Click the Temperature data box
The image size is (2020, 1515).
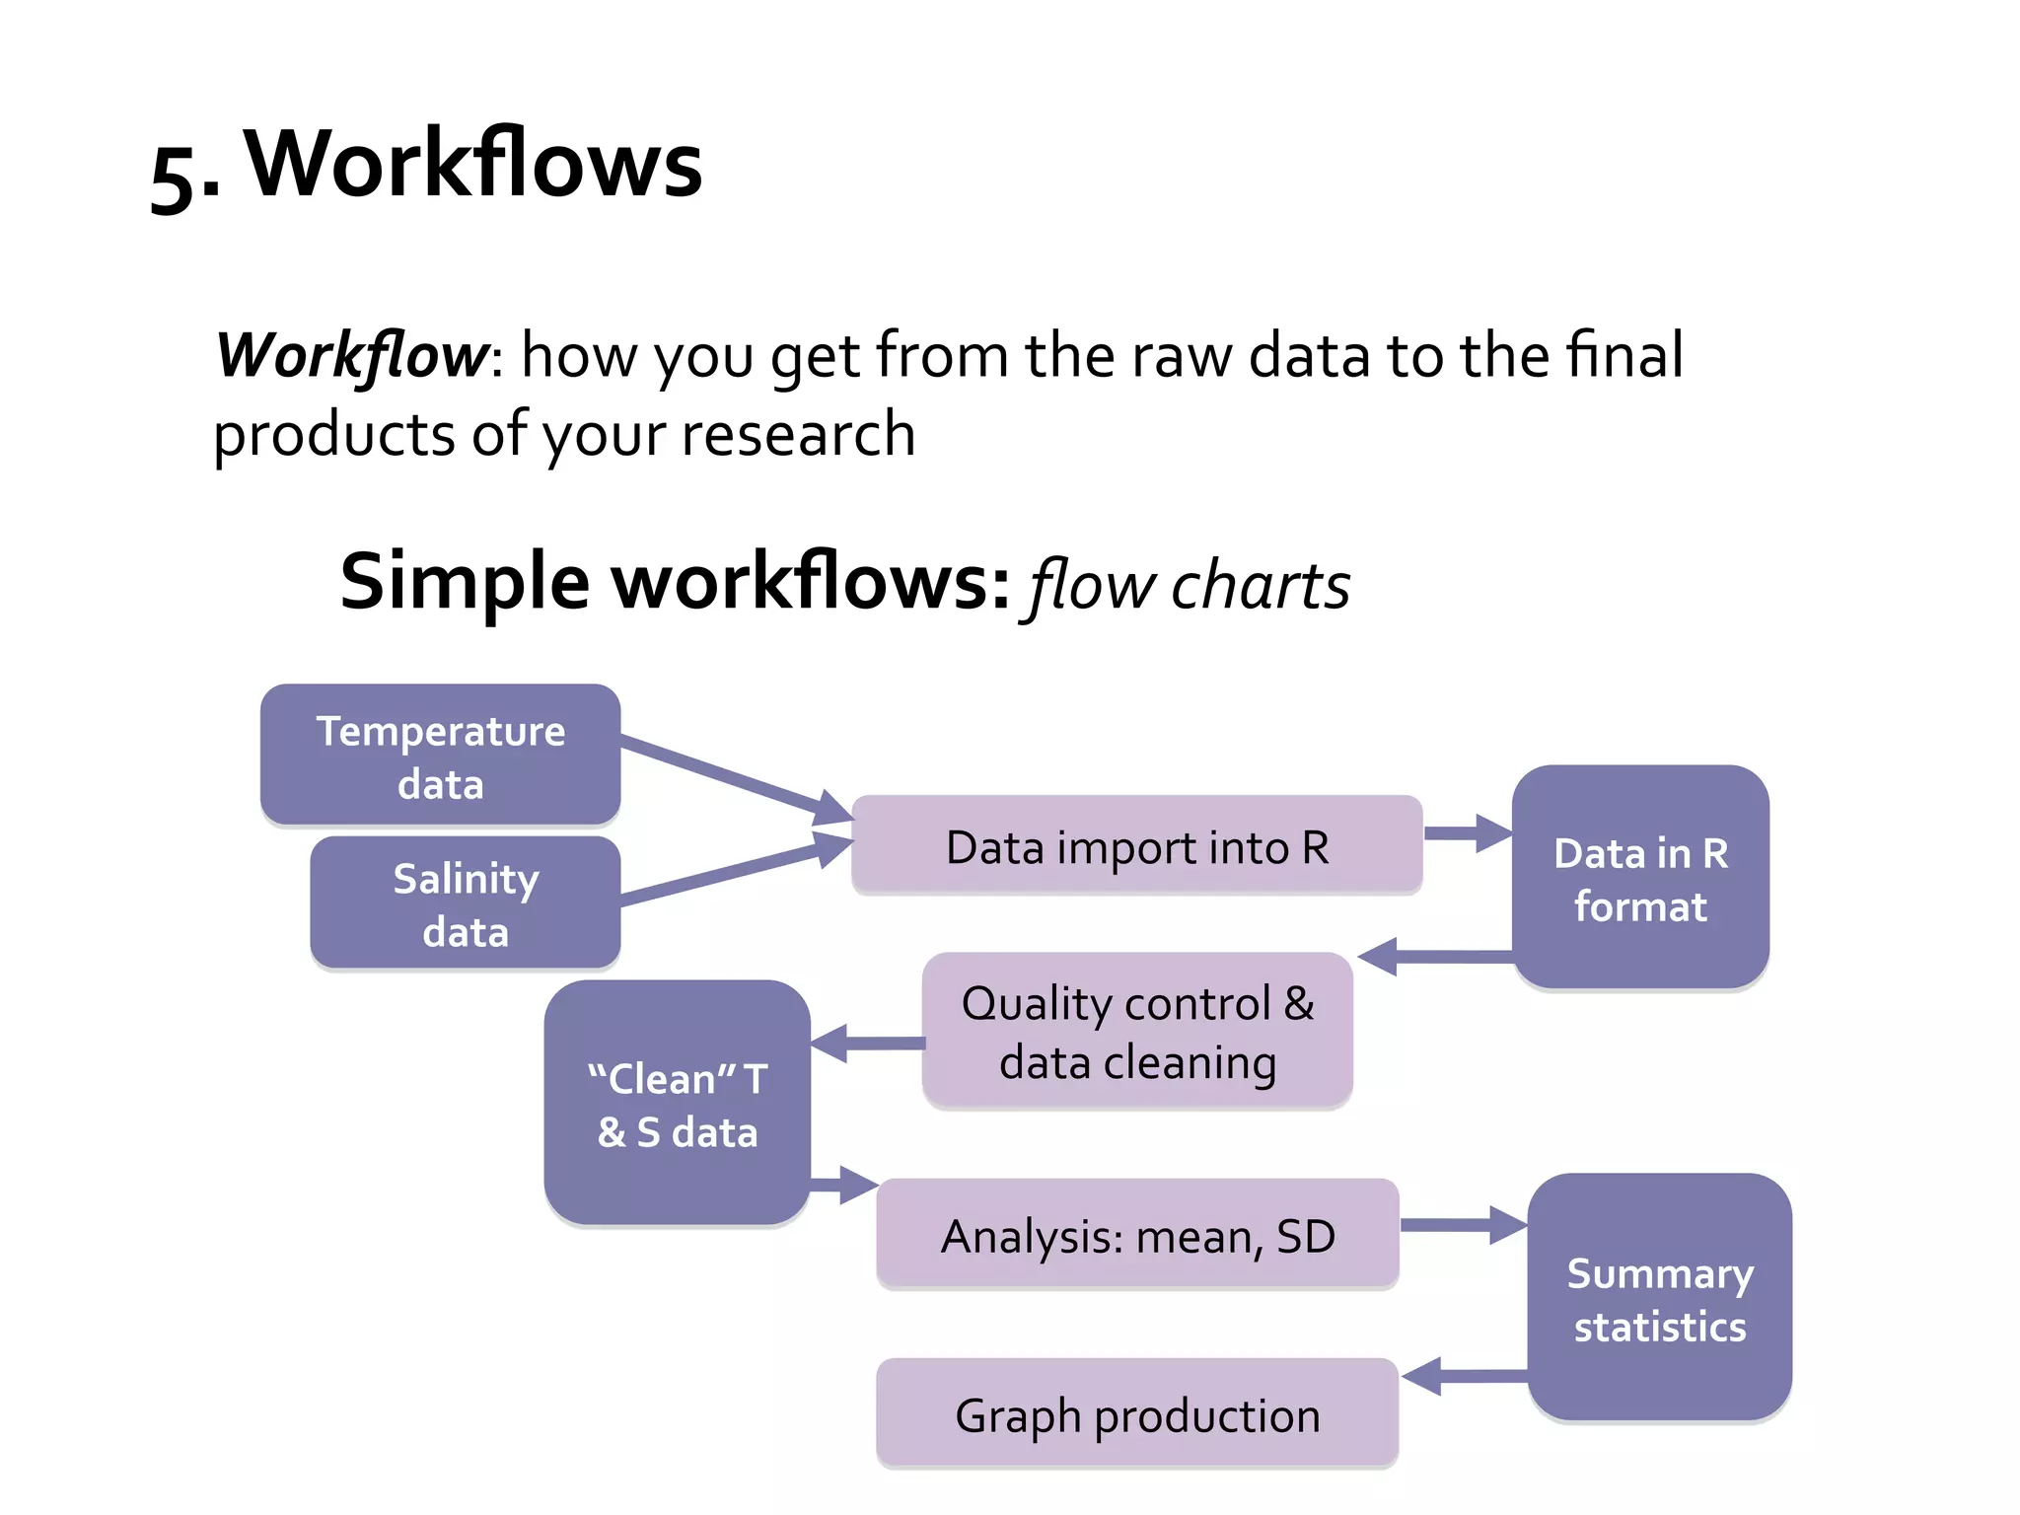440,755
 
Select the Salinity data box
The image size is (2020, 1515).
465,902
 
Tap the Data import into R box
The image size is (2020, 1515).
1136,846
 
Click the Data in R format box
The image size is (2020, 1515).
1640,878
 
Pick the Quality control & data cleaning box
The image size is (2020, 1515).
1136,1031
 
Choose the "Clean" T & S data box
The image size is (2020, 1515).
677,1103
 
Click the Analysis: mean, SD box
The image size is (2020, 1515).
1136,1234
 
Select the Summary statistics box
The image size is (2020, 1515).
1659,1297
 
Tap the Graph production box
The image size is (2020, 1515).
1136,1413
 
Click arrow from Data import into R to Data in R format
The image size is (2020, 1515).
1467,833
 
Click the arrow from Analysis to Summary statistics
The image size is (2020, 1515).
1463,1225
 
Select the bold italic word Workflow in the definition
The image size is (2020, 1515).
351,355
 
